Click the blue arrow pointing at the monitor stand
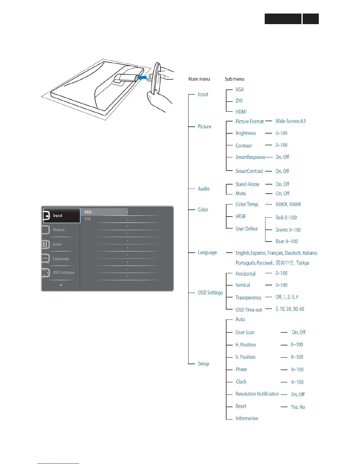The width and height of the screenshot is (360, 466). (142, 78)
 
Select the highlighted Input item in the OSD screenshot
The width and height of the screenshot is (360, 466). (62, 216)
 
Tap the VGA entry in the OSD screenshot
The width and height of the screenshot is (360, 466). (88, 212)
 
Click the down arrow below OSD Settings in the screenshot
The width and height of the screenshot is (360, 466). (61, 285)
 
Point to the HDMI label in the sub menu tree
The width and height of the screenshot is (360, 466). (241, 112)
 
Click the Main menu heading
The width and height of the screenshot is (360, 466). (199, 79)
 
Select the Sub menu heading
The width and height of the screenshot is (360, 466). (234, 79)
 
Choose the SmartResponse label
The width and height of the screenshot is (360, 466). (250, 157)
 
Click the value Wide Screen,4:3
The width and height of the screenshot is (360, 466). (290, 121)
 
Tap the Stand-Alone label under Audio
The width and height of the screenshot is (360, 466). (247, 184)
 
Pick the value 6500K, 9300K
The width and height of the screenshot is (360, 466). (288, 204)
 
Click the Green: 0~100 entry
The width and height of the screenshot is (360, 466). (288, 230)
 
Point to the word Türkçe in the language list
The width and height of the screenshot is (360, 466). (303, 263)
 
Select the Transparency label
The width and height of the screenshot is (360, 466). (248, 298)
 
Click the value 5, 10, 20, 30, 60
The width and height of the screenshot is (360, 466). (290, 309)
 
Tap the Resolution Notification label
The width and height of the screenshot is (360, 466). (257, 394)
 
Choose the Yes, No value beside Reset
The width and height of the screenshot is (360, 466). (298, 407)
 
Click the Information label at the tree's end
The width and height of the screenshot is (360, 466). (247, 418)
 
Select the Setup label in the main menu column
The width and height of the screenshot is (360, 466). (204, 364)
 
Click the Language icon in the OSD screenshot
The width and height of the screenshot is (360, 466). (46, 259)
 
